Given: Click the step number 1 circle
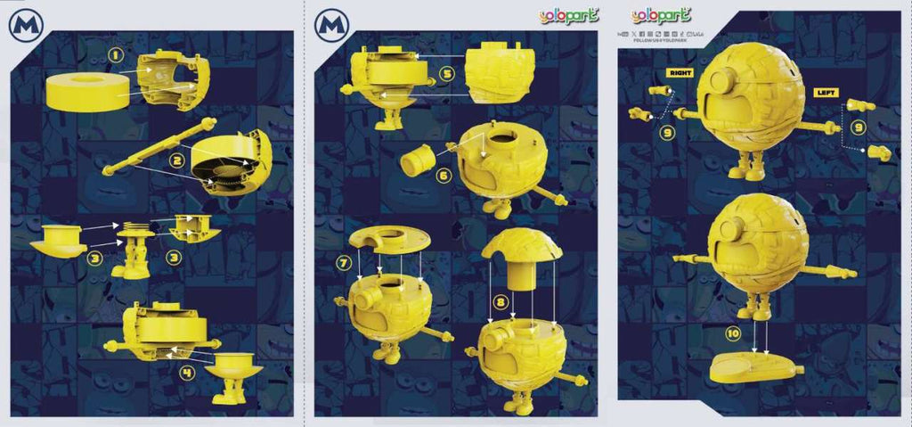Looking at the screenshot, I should pos(115,55).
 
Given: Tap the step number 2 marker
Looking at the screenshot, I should pos(177,160).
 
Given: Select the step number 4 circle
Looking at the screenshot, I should pos(188,373).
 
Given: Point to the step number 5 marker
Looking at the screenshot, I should pos(447,74).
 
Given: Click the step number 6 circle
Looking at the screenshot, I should pos(444,176).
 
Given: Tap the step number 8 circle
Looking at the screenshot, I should pos(501,303).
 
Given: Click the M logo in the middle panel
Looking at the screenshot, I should pos(331,25).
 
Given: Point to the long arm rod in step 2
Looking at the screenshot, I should pos(160,144).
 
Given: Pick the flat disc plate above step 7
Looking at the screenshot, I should pos(388,238).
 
